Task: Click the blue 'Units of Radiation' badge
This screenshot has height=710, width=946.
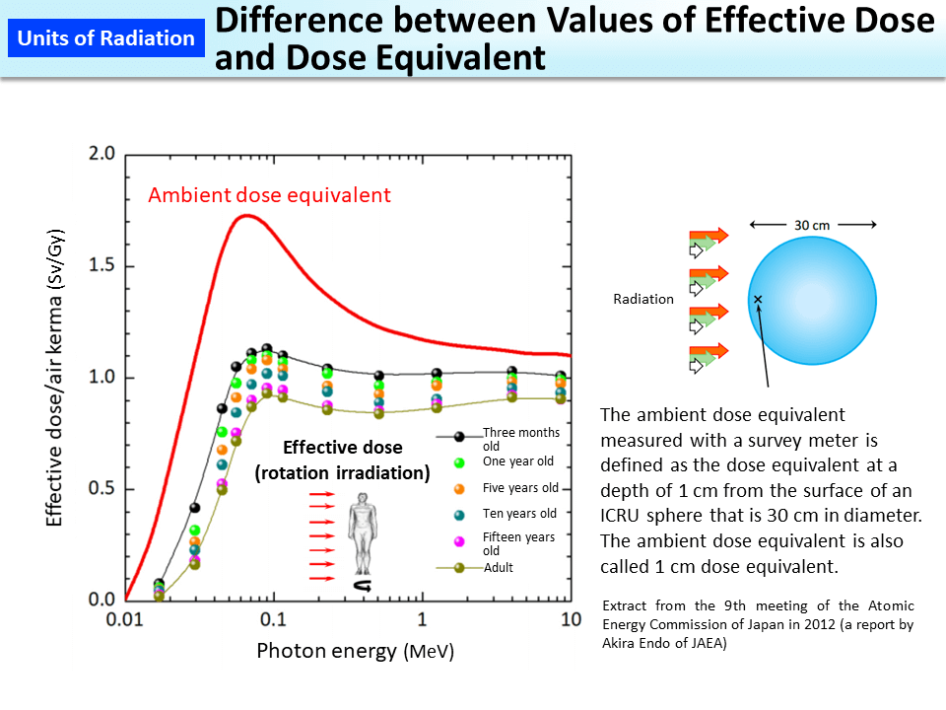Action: (106, 38)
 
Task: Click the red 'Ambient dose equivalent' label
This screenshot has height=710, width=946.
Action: (269, 195)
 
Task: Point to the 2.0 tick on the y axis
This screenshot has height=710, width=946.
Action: (101, 154)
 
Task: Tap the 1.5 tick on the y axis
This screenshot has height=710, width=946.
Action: (101, 266)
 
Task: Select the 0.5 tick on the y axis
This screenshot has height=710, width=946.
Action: (101, 489)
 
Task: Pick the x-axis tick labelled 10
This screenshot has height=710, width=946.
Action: (569, 618)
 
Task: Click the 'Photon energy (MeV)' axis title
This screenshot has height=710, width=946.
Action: (355, 652)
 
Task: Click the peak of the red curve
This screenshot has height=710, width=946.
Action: (244, 215)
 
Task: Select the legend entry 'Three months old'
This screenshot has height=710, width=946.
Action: (520, 439)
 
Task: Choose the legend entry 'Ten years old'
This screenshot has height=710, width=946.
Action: (519, 513)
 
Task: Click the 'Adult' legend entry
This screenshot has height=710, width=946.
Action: (498, 568)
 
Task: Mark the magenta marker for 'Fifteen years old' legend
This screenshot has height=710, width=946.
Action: (458, 541)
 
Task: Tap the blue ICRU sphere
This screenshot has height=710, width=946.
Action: (812, 301)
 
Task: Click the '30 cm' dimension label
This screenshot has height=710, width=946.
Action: (812, 225)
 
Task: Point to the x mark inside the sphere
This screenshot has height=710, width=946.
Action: (758, 299)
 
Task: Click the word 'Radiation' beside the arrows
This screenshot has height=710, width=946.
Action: (642, 299)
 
